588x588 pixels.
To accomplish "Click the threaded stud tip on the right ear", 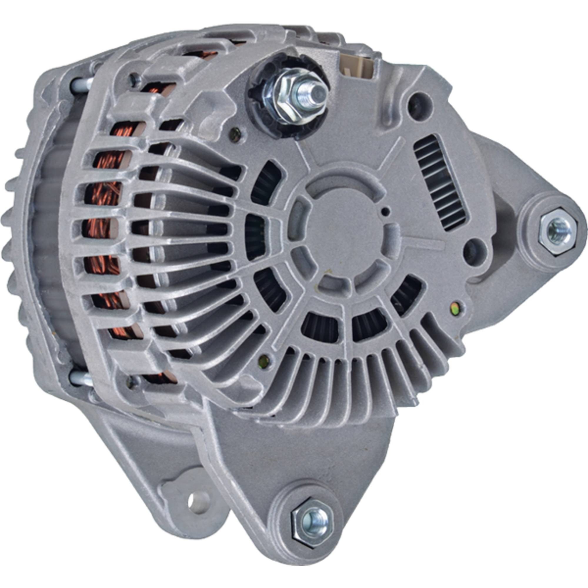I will tap(554, 227).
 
